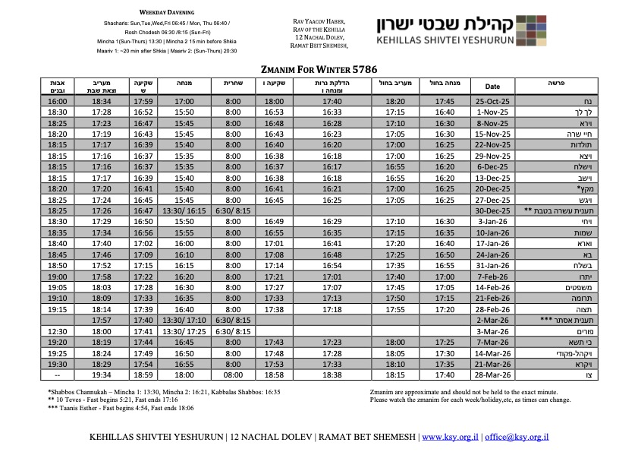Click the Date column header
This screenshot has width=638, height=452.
(x=492, y=86)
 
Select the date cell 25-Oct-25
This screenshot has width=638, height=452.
(x=492, y=101)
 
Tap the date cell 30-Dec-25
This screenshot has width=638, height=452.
(x=492, y=210)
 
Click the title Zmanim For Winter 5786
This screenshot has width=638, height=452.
(x=319, y=67)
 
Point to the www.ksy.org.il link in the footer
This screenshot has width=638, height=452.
(x=451, y=438)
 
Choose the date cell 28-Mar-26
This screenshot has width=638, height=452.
(x=492, y=375)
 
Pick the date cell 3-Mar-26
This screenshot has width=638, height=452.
(x=492, y=331)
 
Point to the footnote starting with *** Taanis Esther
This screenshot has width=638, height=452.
(x=118, y=407)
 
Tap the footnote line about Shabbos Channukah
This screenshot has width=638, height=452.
(x=164, y=392)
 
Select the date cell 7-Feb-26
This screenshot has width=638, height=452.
(x=492, y=277)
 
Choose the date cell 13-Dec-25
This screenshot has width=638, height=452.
(x=492, y=178)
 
